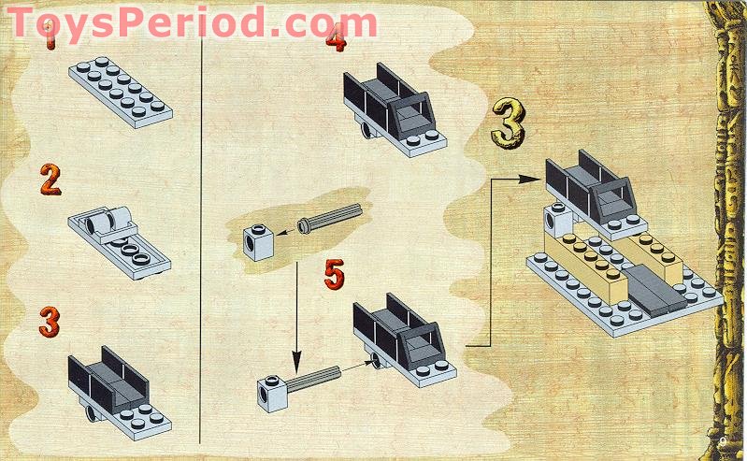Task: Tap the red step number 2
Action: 50,180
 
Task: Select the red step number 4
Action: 336,38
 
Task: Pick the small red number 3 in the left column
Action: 50,322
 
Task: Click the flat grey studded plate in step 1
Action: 120,91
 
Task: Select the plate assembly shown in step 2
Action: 117,239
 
